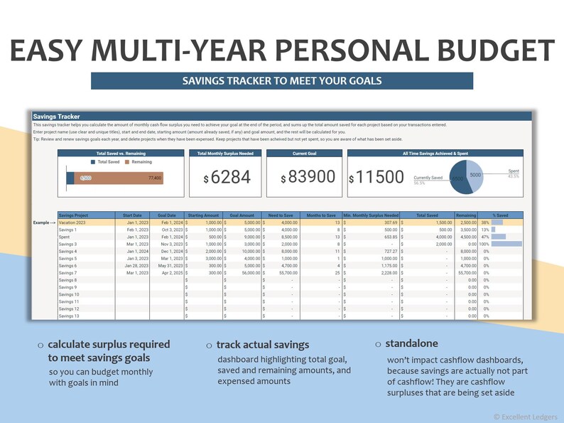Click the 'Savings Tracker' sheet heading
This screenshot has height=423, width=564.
click(x=56, y=116)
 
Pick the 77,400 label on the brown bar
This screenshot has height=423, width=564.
click(x=155, y=178)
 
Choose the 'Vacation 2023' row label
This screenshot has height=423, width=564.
click(x=73, y=223)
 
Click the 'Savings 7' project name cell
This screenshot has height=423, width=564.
click(x=68, y=272)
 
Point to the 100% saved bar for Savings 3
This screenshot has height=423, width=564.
click(x=506, y=244)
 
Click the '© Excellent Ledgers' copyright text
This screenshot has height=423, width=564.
click(x=524, y=416)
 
